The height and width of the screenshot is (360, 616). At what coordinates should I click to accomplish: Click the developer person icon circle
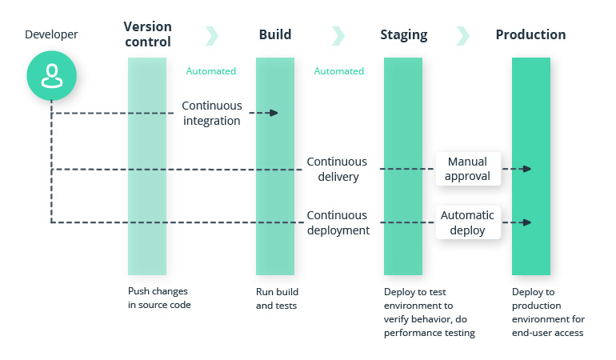pyautogui.click(x=51, y=76)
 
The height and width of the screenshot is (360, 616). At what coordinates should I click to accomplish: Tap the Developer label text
pyautogui.click(x=51, y=34)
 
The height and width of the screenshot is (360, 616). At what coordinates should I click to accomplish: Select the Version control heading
pyautogui.click(x=147, y=34)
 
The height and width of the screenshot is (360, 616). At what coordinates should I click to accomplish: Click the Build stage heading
pyautogui.click(x=275, y=34)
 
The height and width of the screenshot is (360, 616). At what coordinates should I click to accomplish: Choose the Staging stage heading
pyautogui.click(x=403, y=34)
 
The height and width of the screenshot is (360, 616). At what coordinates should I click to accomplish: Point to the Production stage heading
pyautogui.click(x=530, y=34)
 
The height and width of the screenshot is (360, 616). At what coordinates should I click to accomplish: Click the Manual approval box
pyautogui.click(x=468, y=169)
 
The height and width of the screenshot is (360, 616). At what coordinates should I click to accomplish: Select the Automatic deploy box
pyautogui.click(x=468, y=222)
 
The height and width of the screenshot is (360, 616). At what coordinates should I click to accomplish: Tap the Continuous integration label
pyautogui.click(x=211, y=113)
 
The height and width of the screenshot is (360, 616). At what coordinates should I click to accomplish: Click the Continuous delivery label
pyautogui.click(x=337, y=169)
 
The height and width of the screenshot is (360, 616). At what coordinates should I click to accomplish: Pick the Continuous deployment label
pyautogui.click(x=337, y=222)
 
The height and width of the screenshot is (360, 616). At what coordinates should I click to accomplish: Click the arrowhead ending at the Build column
pyautogui.click(x=274, y=113)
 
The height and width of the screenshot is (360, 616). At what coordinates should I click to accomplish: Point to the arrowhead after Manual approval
pyautogui.click(x=526, y=169)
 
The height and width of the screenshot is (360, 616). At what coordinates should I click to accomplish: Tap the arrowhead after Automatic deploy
pyautogui.click(x=526, y=222)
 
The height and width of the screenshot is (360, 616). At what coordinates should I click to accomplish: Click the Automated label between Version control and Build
pyautogui.click(x=211, y=71)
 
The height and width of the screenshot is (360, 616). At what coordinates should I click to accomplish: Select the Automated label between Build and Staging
pyautogui.click(x=339, y=71)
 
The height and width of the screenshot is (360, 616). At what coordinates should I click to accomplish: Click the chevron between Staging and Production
pyautogui.click(x=463, y=35)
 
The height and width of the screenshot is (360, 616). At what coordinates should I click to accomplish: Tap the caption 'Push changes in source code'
pyautogui.click(x=159, y=298)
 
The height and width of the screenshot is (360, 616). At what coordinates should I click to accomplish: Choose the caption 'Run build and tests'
pyautogui.click(x=277, y=298)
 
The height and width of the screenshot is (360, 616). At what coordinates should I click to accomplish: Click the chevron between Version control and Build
pyautogui.click(x=212, y=35)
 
